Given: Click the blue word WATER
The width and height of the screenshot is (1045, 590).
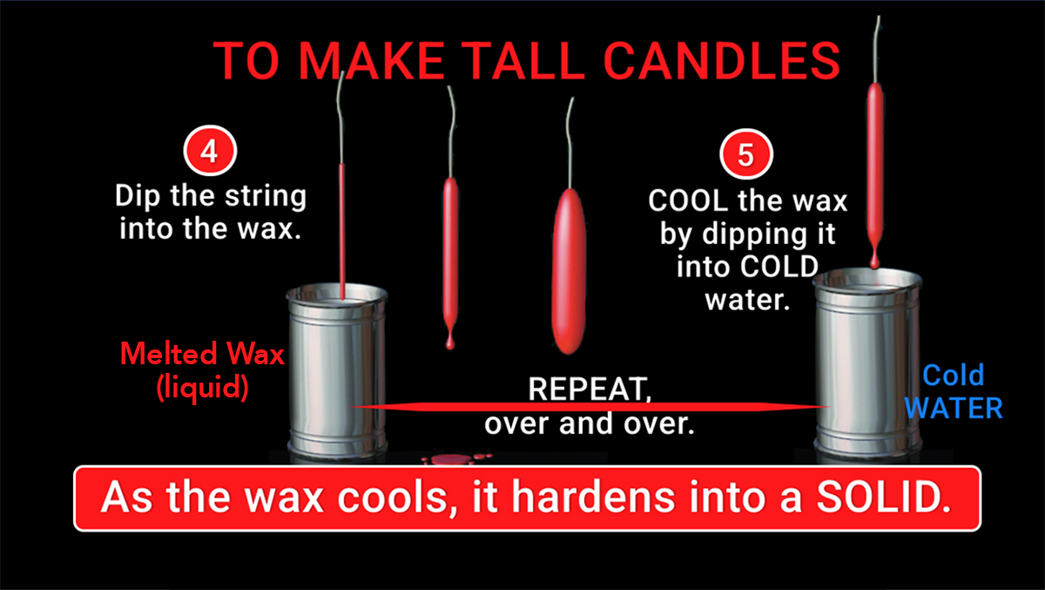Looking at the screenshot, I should [955, 407].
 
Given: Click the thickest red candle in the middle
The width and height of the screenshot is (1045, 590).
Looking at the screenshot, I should [570, 272].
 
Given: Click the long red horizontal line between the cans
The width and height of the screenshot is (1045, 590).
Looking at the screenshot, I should [592, 406].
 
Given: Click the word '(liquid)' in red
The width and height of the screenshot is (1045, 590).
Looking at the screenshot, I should [202, 386].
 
